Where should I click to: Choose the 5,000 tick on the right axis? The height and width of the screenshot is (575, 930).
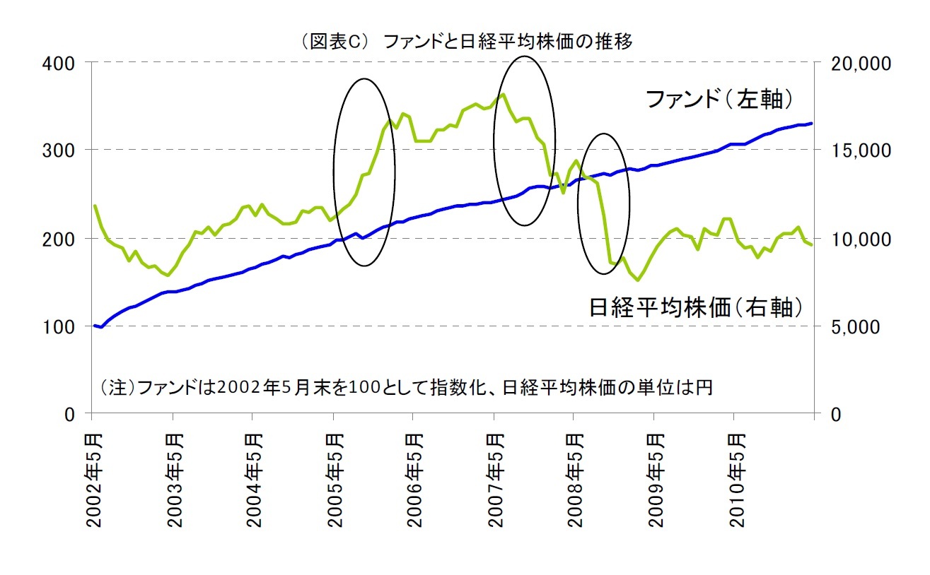851,327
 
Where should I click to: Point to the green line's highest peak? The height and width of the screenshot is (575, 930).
502,94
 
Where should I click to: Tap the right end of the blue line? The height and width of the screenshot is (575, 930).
811,123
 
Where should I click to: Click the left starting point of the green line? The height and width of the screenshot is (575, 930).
95,206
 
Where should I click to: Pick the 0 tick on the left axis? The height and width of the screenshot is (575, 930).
69,415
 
